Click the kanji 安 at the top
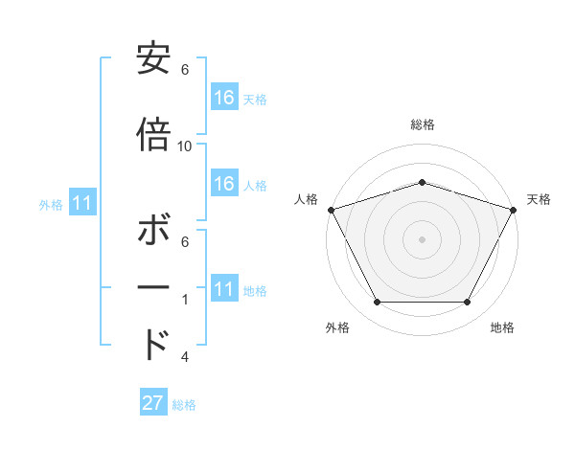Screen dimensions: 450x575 (x=153, y=60)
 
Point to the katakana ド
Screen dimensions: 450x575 (x=155, y=343)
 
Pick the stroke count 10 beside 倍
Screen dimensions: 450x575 (x=185, y=146)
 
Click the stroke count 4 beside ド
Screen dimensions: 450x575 (x=185, y=357)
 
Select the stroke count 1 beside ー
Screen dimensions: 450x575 (x=185, y=300)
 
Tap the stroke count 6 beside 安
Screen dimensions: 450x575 (x=185, y=70)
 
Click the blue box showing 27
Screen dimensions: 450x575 (x=152, y=403)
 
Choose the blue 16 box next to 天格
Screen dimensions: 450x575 (x=224, y=98)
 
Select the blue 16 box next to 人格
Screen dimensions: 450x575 (x=224, y=184)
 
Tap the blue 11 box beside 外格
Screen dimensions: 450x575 (x=81, y=203)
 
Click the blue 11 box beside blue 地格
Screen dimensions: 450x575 (x=224, y=289)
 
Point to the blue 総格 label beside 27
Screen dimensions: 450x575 (x=184, y=405)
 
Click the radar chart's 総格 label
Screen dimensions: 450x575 (x=422, y=124)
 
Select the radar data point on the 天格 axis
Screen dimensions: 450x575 (x=514, y=209)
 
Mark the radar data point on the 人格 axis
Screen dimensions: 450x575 (x=331, y=209)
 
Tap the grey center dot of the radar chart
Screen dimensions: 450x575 (x=422, y=238)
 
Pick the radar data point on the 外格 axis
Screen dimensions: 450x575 (x=377, y=303)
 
